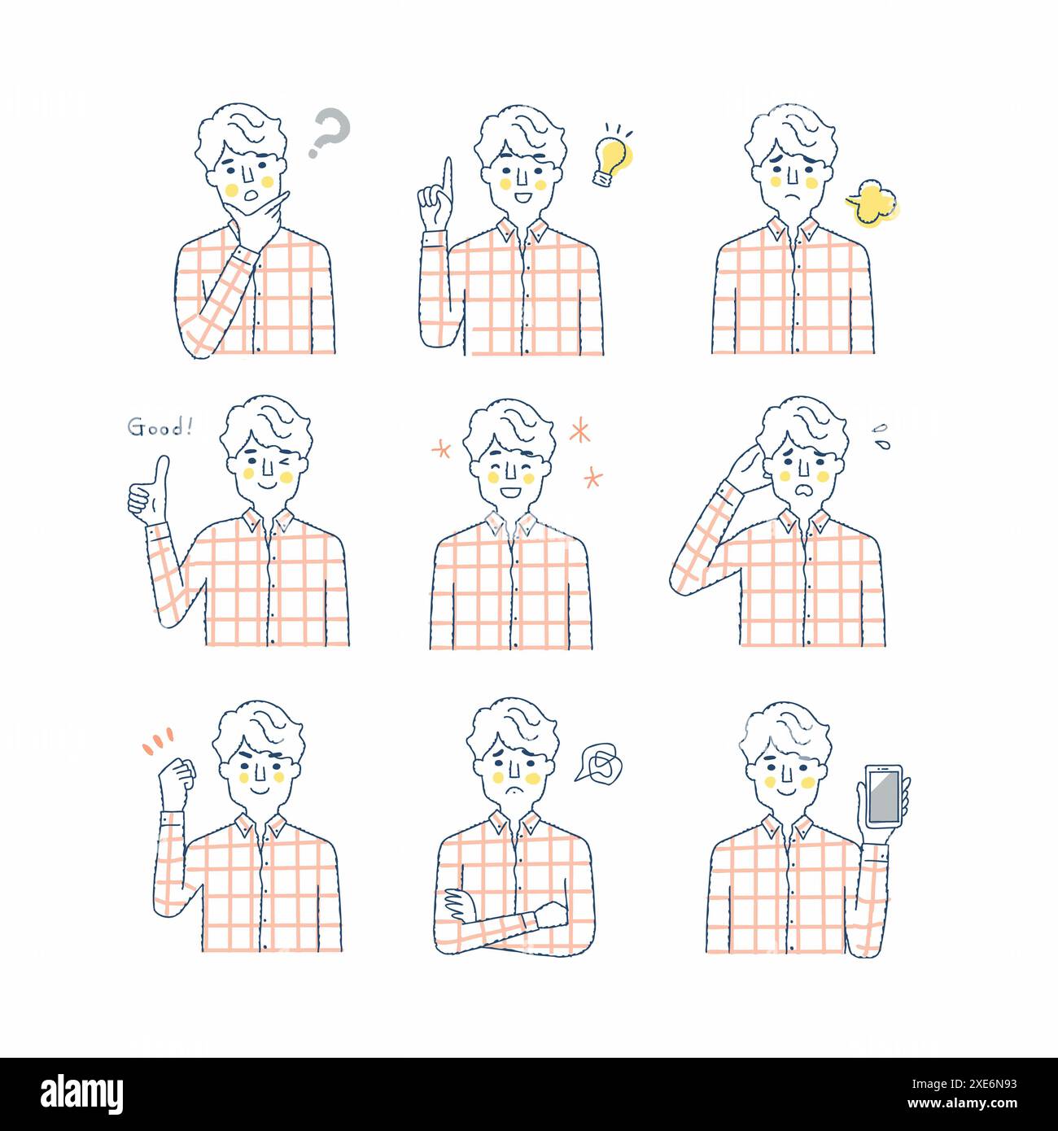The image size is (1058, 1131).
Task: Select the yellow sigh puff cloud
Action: [x=873, y=203]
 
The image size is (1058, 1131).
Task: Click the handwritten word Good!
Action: [x=160, y=427]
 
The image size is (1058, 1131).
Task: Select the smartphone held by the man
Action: [x=884, y=796]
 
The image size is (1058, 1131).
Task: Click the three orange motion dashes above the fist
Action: [x=158, y=740]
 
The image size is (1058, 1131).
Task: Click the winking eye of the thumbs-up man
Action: [x=282, y=462]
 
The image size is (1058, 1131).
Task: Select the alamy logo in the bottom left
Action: [x=82, y=1094]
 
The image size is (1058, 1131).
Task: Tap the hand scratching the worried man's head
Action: [x=745, y=469]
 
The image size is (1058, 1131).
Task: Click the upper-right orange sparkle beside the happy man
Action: [x=579, y=430]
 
